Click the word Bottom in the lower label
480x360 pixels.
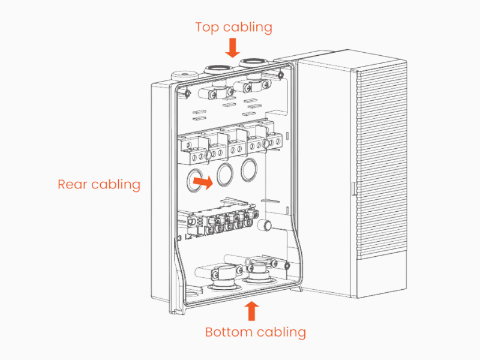click(x=227, y=332)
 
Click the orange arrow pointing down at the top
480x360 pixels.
click(x=233, y=47)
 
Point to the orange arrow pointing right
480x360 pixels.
click(x=205, y=182)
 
